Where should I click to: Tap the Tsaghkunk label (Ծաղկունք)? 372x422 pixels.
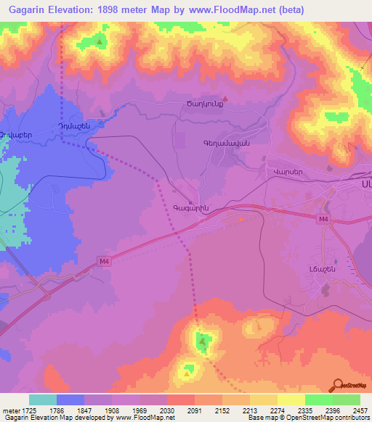point(198,104)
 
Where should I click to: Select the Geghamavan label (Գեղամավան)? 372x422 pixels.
point(226,144)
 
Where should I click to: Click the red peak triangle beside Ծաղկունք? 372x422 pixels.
point(225,99)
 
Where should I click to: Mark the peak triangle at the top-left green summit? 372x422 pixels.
point(100,42)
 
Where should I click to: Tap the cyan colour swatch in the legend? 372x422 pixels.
point(42,400)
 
